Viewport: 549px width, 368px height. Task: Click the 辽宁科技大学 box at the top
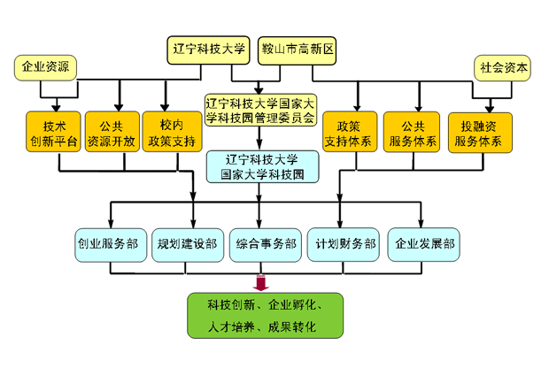[x=209, y=50]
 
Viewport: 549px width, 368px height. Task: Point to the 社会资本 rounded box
[x=503, y=66]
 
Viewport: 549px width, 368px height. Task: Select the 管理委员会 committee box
[x=259, y=110]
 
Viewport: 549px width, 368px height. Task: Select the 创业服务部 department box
[x=106, y=244]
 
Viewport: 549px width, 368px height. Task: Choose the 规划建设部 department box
[x=185, y=244]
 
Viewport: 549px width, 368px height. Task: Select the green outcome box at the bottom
[x=263, y=316]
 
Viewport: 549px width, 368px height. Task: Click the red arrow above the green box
[x=260, y=281]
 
